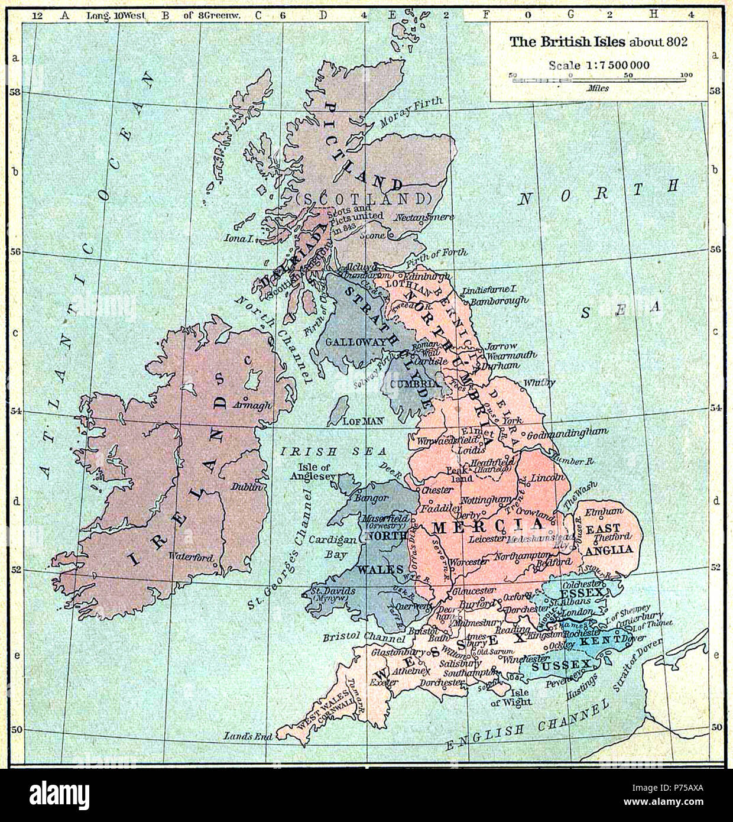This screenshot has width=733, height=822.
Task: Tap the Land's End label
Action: tap(248, 736)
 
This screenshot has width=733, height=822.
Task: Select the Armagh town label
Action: tap(252, 405)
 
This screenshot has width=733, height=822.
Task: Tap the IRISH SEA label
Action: tap(309, 451)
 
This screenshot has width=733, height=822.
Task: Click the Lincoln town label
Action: tap(547, 476)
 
